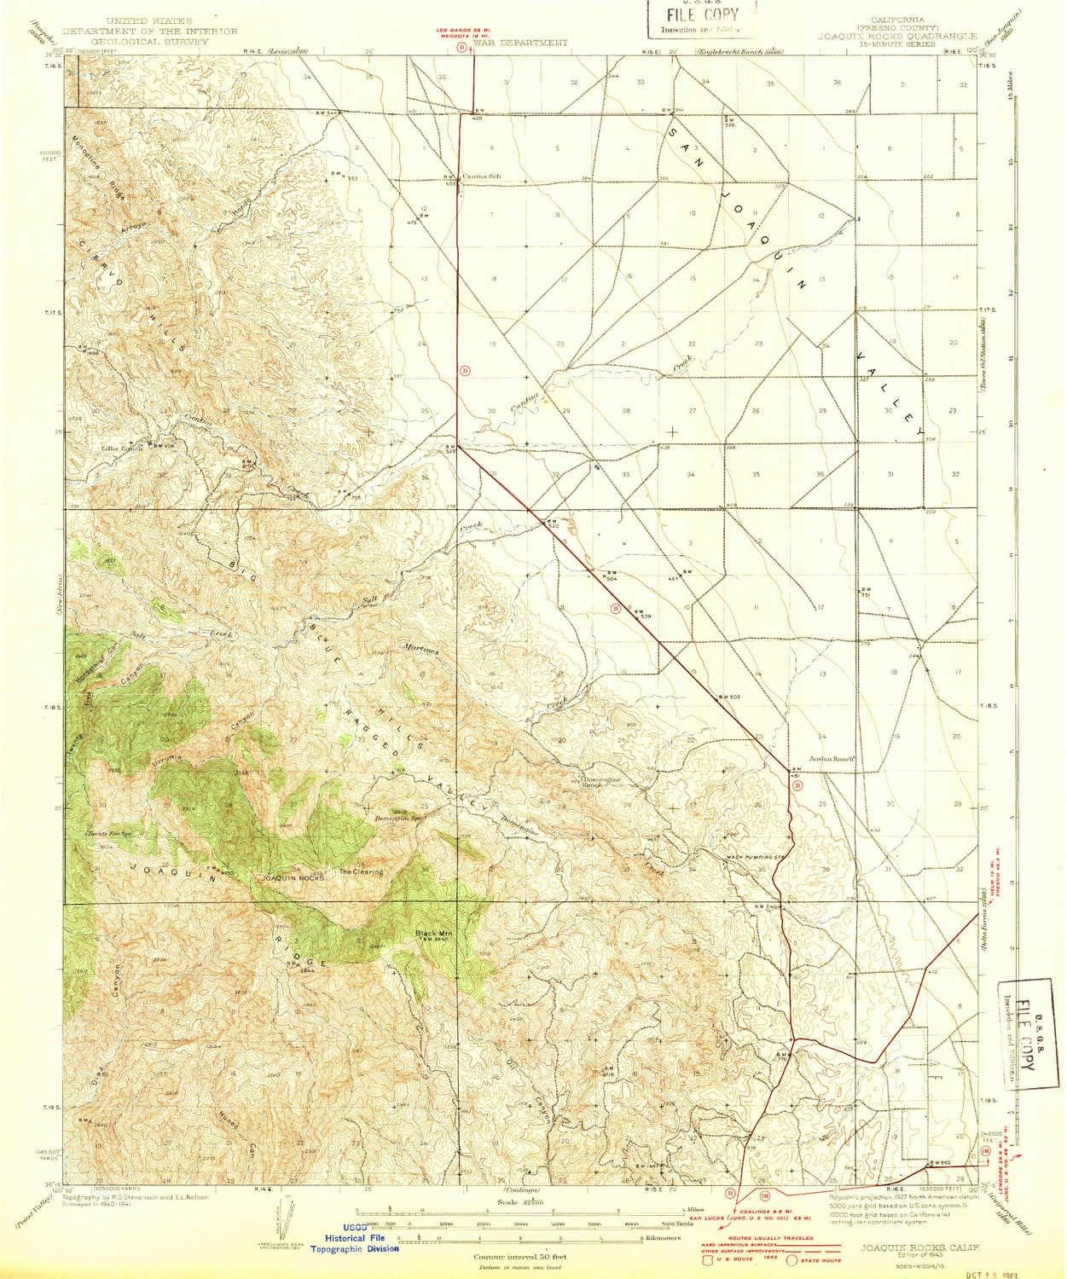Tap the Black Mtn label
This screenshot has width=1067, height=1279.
431,933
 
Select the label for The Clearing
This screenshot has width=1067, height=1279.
362,872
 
